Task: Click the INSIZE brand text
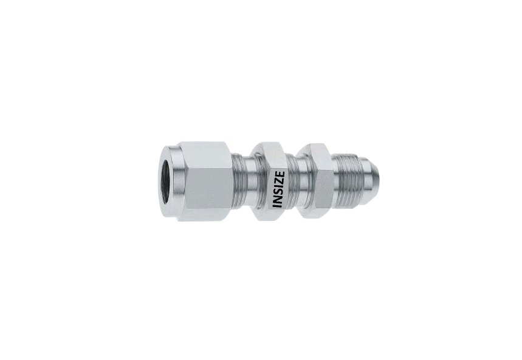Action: click(278, 189)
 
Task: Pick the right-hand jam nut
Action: click(317, 182)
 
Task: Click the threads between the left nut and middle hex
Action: click(241, 182)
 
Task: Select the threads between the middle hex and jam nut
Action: click(294, 182)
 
